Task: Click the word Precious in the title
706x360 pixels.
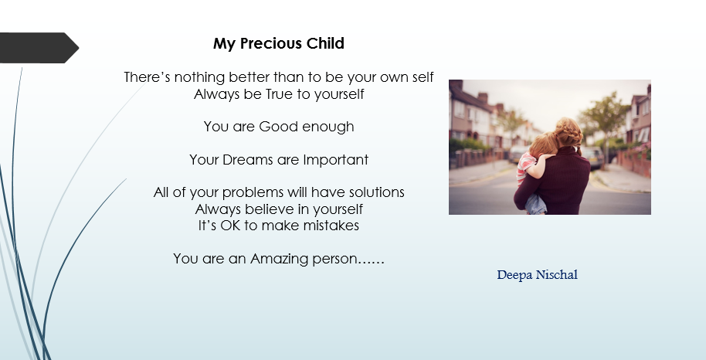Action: [x=271, y=44]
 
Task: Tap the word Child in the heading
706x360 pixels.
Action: [x=325, y=44]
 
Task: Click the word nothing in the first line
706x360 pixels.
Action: [x=199, y=77]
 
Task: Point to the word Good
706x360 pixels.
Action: [x=279, y=127]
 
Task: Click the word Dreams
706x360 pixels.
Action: [x=248, y=159]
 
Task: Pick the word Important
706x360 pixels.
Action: [x=335, y=159]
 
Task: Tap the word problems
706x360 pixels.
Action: [x=253, y=192]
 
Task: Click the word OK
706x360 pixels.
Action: [x=230, y=226]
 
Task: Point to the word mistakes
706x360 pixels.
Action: [x=331, y=226]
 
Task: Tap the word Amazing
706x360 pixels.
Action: [x=279, y=259]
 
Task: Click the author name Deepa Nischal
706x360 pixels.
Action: [x=537, y=275]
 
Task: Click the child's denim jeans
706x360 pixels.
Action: [x=535, y=204]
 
